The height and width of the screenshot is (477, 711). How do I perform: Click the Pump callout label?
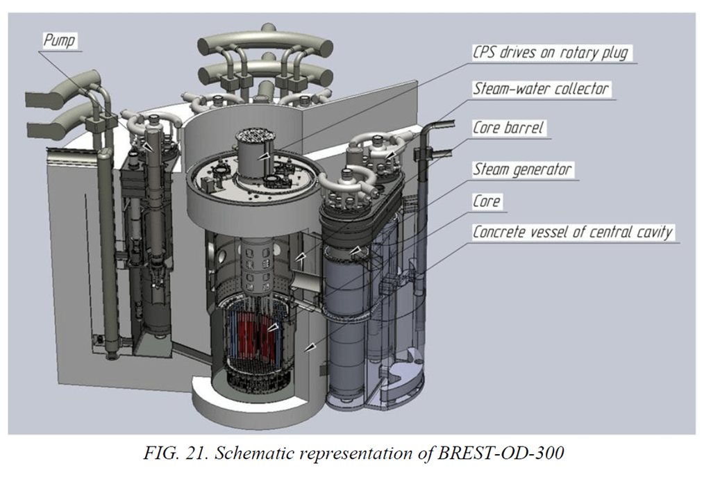click(x=59, y=40)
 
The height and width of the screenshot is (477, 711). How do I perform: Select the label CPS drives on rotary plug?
click(x=551, y=52)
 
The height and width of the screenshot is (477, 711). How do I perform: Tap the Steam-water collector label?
click(x=540, y=88)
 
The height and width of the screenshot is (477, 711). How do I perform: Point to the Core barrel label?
click(x=508, y=128)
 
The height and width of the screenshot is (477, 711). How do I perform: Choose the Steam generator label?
click(x=522, y=169)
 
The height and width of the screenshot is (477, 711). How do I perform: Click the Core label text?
click(x=487, y=201)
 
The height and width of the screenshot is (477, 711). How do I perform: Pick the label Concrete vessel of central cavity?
click(x=573, y=232)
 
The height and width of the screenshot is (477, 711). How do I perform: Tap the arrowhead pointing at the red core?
click(x=272, y=327)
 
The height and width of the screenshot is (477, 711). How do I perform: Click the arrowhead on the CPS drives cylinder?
click(x=263, y=156)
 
